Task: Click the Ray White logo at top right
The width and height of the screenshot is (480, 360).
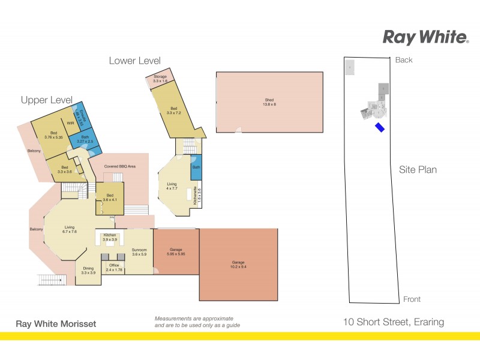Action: [425, 37]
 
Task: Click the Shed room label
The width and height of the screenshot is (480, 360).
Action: [269, 102]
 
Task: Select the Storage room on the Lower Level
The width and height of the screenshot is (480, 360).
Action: [160, 79]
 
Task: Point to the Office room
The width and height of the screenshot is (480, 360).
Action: [114, 267]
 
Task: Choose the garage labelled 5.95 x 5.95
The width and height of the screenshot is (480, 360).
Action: [176, 252]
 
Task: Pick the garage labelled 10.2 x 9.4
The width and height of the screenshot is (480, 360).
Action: [238, 264]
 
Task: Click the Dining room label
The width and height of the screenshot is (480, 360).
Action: [88, 270]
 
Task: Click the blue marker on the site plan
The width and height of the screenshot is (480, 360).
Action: [380, 127]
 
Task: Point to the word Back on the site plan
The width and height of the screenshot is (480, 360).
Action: [404, 60]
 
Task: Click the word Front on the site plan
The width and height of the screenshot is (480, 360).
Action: [412, 299]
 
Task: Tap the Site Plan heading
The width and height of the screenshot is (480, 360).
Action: [418, 170]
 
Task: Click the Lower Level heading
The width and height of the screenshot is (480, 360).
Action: [134, 61]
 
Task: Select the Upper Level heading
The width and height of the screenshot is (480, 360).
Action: [46, 100]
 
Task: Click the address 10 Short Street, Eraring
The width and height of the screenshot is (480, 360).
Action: [393, 322]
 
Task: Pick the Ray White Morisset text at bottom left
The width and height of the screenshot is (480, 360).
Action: [55, 324]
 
